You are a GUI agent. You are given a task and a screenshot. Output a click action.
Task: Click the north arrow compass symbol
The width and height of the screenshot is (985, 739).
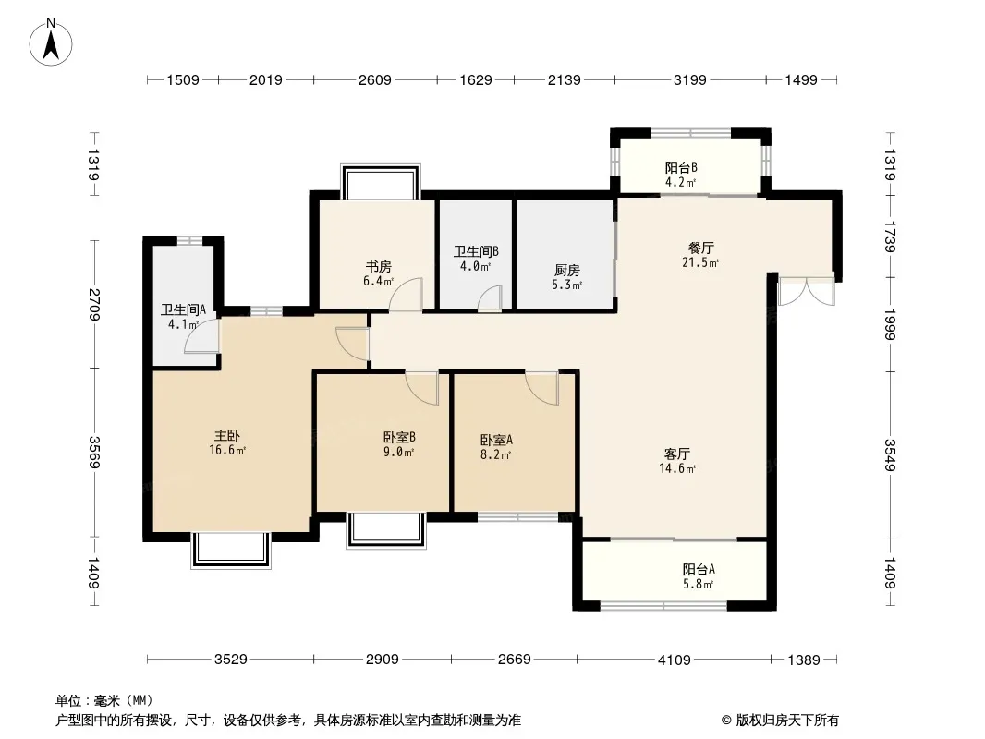coord(51,42)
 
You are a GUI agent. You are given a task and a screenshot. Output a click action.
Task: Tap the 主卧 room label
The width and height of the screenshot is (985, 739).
coord(227,435)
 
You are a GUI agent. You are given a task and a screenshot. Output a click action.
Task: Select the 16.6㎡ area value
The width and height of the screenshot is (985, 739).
coord(227,450)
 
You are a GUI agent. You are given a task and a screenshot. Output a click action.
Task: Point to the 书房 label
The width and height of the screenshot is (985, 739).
coord(378,267)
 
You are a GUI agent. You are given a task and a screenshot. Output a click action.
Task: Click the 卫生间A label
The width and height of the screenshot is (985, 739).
coord(184,309)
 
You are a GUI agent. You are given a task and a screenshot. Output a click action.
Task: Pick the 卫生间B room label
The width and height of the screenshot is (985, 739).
coord(476,251)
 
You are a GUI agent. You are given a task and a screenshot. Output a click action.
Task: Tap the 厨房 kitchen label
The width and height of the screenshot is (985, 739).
coord(566,270)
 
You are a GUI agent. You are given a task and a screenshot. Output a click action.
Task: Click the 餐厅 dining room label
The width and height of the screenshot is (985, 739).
coord(700,248)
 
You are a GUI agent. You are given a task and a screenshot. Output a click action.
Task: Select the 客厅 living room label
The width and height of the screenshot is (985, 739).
coord(677,454)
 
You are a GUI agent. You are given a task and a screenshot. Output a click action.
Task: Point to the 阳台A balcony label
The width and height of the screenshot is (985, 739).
coord(699,569)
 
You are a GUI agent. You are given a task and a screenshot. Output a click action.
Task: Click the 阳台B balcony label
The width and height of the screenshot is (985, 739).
coord(681,167)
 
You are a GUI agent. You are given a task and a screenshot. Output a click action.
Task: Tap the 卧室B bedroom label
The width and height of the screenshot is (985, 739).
coord(399,437)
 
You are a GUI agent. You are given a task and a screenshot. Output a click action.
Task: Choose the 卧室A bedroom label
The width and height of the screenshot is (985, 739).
coord(496,440)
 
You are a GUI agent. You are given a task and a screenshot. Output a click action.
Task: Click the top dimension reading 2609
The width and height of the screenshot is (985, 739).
coord(375,80)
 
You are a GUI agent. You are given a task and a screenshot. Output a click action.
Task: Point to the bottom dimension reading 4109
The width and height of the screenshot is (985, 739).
coord(674,660)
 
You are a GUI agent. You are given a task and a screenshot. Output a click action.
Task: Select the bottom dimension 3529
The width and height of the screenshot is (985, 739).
coord(231,660)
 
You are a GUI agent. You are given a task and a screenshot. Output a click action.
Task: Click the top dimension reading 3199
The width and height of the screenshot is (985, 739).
coord(689,80)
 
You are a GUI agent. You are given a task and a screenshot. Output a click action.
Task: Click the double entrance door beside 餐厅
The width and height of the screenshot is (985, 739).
coord(807,291)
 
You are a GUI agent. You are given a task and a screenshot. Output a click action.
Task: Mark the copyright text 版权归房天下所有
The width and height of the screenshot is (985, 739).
coord(787,721)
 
